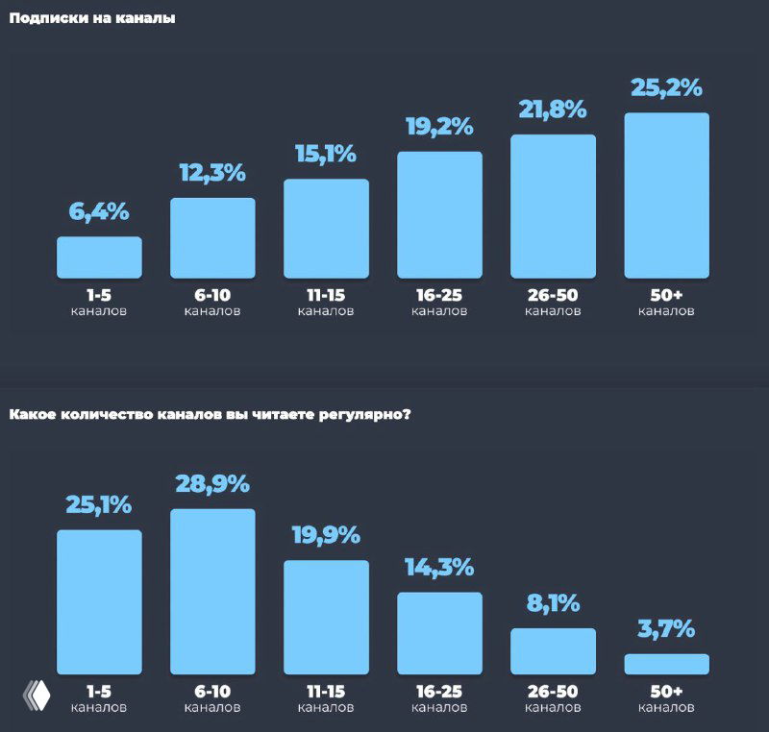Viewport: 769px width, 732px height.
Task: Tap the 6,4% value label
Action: tap(99, 212)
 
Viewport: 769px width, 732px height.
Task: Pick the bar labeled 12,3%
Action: tap(212, 237)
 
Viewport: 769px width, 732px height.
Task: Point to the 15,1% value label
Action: tap(326, 154)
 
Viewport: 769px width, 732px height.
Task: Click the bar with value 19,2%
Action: tap(439, 214)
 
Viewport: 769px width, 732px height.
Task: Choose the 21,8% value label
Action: tap(553, 110)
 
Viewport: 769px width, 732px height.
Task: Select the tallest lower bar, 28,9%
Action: tap(212, 591)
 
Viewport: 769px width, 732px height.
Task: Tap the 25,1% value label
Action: tap(99, 504)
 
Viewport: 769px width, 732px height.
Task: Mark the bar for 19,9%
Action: tap(326, 617)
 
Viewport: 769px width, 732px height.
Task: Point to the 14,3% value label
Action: tap(439, 567)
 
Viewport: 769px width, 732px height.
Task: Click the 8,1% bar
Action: tap(553, 650)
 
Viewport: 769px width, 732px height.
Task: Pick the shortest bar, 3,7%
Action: tap(666, 664)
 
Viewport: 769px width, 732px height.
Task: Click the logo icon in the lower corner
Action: tap(37, 695)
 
